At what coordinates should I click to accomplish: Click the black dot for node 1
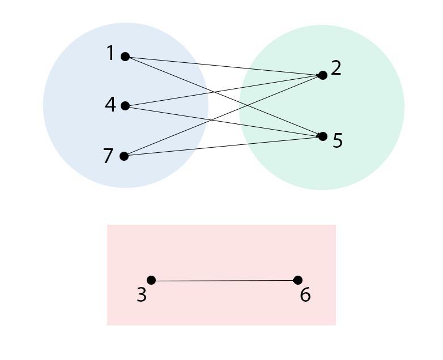point(125,57)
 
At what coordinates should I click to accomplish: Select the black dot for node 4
point(125,106)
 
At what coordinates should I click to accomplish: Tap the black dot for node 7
point(125,156)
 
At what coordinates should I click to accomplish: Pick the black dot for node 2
point(323,75)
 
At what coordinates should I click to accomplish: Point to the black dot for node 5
point(323,136)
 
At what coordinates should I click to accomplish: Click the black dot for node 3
point(151,280)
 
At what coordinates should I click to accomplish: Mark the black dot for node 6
point(298,280)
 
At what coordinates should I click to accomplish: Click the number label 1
point(110,54)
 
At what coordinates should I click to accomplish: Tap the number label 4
point(110,105)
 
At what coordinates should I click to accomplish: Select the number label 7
point(108,156)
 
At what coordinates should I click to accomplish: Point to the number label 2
point(336,68)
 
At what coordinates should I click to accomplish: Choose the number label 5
point(338,140)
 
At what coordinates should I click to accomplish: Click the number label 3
point(142,295)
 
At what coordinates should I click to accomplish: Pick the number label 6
point(305,295)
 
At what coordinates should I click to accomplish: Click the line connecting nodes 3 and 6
point(224,280)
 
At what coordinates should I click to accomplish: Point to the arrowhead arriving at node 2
point(318,75)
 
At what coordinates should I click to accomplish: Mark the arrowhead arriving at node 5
point(318,136)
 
